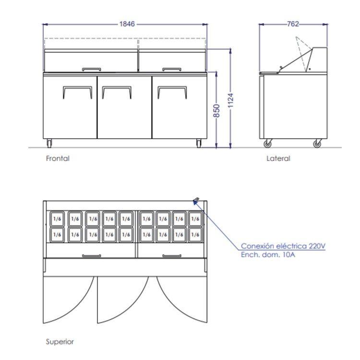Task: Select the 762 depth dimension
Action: (293, 24)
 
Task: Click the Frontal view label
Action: (58, 158)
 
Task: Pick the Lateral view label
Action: (278, 158)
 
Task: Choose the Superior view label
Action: (60, 342)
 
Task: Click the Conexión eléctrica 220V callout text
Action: (283, 246)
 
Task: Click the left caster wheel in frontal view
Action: (49, 143)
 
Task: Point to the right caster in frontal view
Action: (199, 143)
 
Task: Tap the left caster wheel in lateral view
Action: (267, 144)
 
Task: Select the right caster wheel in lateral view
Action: (317, 144)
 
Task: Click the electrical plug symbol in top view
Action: (196, 201)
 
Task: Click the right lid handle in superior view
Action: (171, 256)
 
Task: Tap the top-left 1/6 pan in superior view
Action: (57, 219)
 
